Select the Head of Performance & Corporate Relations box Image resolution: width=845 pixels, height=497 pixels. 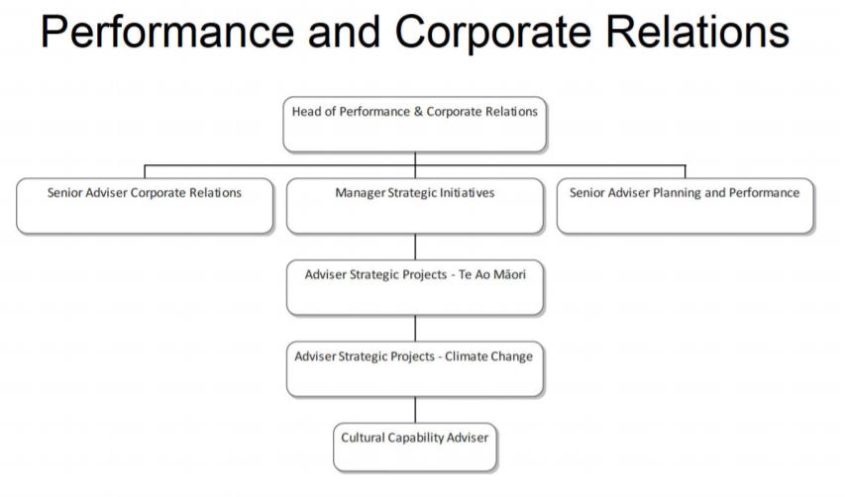click(414, 124)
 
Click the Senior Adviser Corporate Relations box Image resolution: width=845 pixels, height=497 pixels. click(145, 206)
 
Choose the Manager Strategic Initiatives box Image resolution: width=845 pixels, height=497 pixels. click(414, 206)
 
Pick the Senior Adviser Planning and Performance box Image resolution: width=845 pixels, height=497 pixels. click(685, 206)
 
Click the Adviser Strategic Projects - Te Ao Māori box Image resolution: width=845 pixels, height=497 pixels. click(414, 287)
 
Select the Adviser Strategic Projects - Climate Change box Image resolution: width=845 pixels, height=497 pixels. click(414, 369)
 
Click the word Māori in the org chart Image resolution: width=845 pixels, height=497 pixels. click(506, 274)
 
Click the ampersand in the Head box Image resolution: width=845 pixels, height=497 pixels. click(418, 112)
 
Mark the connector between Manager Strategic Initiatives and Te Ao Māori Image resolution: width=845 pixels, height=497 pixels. click(415, 247)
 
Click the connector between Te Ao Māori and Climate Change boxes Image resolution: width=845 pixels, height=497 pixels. click(415, 328)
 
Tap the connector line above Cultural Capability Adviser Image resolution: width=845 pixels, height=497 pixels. click(415, 410)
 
